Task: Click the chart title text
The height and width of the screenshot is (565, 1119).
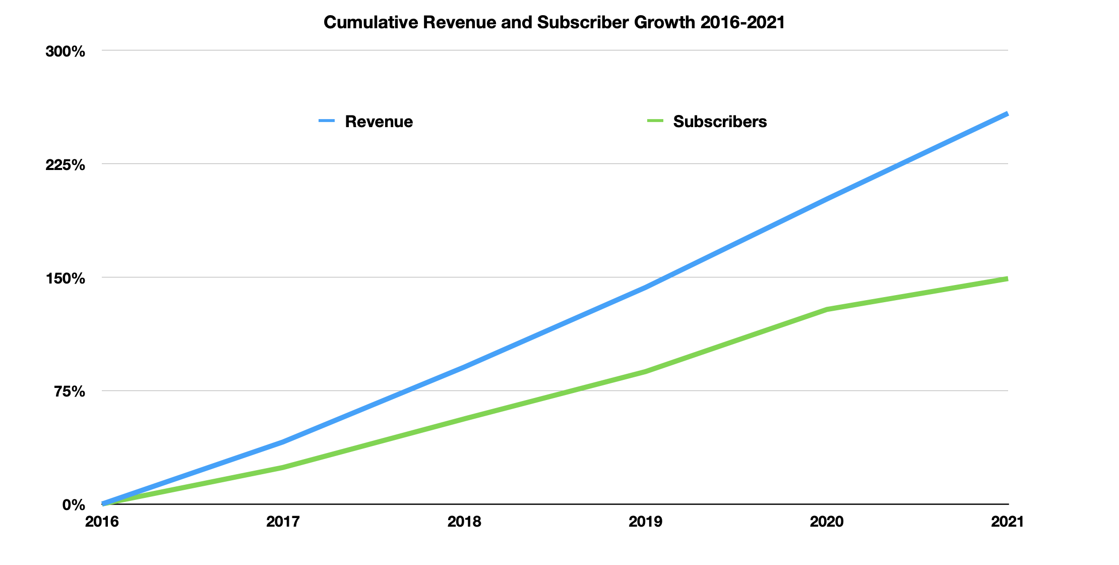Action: pyautogui.click(x=554, y=23)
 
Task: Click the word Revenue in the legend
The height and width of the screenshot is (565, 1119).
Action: pyautogui.click(x=379, y=122)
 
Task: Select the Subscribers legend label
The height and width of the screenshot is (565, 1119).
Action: pyautogui.click(x=719, y=122)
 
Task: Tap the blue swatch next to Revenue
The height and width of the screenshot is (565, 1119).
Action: pyautogui.click(x=327, y=121)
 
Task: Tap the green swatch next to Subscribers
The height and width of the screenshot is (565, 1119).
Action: pyautogui.click(x=655, y=121)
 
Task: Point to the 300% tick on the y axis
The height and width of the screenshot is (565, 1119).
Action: pyautogui.click(x=66, y=51)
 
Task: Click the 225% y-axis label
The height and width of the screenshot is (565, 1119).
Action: pyautogui.click(x=66, y=165)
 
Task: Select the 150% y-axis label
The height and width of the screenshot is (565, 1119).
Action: pyautogui.click(x=66, y=278)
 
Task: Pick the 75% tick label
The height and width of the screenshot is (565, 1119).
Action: pyautogui.click(x=69, y=391)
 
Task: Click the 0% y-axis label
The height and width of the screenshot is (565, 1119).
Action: pyautogui.click(x=73, y=505)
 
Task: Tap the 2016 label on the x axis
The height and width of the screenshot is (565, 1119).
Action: pyautogui.click(x=102, y=522)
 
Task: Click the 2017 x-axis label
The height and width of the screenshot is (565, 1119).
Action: pyautogui.click(x=283, y=522)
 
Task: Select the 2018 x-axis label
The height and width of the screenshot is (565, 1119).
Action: pyautogui.click(x=464, y=522)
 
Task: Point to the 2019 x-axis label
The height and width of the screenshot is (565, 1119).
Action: pyautogui.click(x=645, y=522)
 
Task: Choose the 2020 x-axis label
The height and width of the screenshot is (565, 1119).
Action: pyautogui.click(x=827, y=522)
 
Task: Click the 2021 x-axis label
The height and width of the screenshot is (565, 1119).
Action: pyautogui.click(x=1007, y=522)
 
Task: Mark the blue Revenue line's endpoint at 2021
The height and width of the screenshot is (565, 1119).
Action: pyautogui.click(x=1007, y=115)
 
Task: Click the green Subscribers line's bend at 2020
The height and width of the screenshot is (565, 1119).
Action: pyautogui.click(x=827, y=309)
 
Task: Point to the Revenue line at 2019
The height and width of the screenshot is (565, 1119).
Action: pyautogui.click(x=645, y=288)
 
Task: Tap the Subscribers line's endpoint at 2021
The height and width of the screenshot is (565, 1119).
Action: pyautogui.click(x=1007, y=279)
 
